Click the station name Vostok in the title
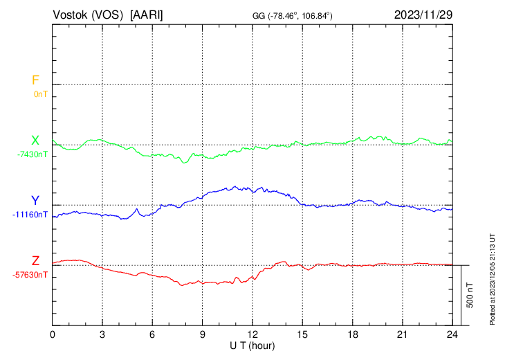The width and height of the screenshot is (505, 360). pyautogui.click(x=71, y=15)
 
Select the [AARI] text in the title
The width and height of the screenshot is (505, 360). pyautogui.click(x=147, y=15)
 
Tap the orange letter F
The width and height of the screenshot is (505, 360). pyautogui.click(x=35, y=80)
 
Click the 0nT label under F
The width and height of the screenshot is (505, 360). pyautogui.click(x=40, y=93)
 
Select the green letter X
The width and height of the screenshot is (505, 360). pyautogui.click(x=35, y=141)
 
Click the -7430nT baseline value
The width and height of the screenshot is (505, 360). pyautogui.click(x=33, y=154)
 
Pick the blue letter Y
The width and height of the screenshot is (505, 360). pyautogui.click(x=35, y=201)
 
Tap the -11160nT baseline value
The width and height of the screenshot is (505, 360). pyautogui.click(x=30, y=215)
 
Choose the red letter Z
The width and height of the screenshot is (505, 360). pyautogui.click(x=35, y=261)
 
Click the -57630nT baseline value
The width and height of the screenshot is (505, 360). pyautogui.click(x=30, y=275)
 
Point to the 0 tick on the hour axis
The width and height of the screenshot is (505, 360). pyautogui.click(x=53, y=334)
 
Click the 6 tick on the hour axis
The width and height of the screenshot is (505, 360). pyautogui.click(x=152, y=334)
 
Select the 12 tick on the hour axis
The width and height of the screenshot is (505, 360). pyautogui.click(x=252, y=334)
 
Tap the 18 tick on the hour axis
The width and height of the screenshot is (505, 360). pyautogui.click(x=352, y=334)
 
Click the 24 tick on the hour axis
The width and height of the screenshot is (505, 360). pyautogui.click(x=452, y=334)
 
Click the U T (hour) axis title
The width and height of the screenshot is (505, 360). pyautogui.click(x=252, y=345)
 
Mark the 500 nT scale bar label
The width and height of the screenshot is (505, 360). pyautogui.click(x=470, y=295)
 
